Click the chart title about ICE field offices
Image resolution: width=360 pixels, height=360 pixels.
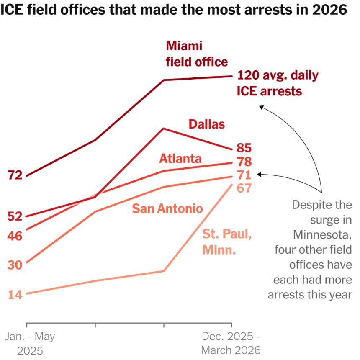click(174, 10)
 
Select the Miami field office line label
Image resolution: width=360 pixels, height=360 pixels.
click(197, 54)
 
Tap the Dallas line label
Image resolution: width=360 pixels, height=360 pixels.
click(207, 124)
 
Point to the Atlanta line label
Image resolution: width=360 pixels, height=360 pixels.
click(180, 159)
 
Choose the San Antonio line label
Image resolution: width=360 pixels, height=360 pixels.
click(167, 208)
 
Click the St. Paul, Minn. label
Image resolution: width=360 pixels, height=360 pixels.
click(227, 242)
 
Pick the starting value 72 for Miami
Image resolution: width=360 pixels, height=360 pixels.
click(15, 175)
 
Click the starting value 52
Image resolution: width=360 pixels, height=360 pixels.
click(15, 216)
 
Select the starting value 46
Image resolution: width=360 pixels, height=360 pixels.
click(15, 236)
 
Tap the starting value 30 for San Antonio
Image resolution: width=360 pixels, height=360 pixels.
click(15, 265)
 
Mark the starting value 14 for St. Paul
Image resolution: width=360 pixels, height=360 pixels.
click(15, 294)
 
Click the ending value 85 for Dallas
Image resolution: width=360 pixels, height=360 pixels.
click(244, 148)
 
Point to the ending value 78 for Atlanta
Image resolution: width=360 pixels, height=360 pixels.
click(244, 162)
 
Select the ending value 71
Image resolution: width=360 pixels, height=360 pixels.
click(244, 175)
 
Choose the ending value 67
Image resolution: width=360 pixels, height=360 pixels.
click(244, 188)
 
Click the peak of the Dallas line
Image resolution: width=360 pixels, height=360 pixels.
click(164, 128)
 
